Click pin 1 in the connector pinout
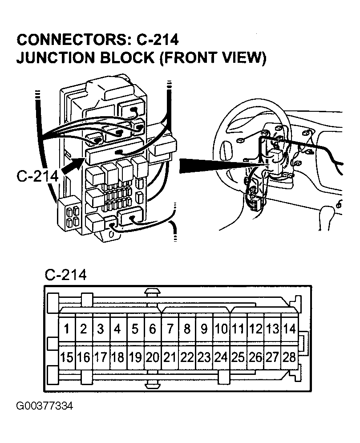(67, 329)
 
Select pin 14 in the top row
(289, 329)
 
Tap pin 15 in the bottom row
(67, 357)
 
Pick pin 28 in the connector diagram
(289, 357)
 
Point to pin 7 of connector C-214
(170, 329)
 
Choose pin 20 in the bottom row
(153, 357)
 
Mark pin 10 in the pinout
(221, 329)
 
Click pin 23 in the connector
(204, 357)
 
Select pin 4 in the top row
(118, 329)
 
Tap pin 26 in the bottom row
(255, 357)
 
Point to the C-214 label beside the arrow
(37, 175)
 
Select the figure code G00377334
(44, 406)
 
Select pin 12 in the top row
(255, 329)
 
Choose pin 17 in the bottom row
(101, 357)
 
